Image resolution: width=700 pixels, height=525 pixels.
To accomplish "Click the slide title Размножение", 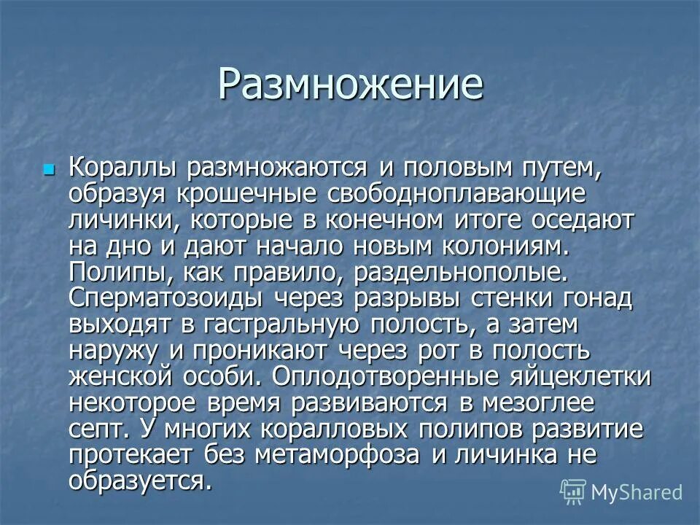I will click(350, 85).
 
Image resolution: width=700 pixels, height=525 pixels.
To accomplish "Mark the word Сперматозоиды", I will click(171, 298).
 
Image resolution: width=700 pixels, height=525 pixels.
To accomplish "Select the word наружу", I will click(114, 350).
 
